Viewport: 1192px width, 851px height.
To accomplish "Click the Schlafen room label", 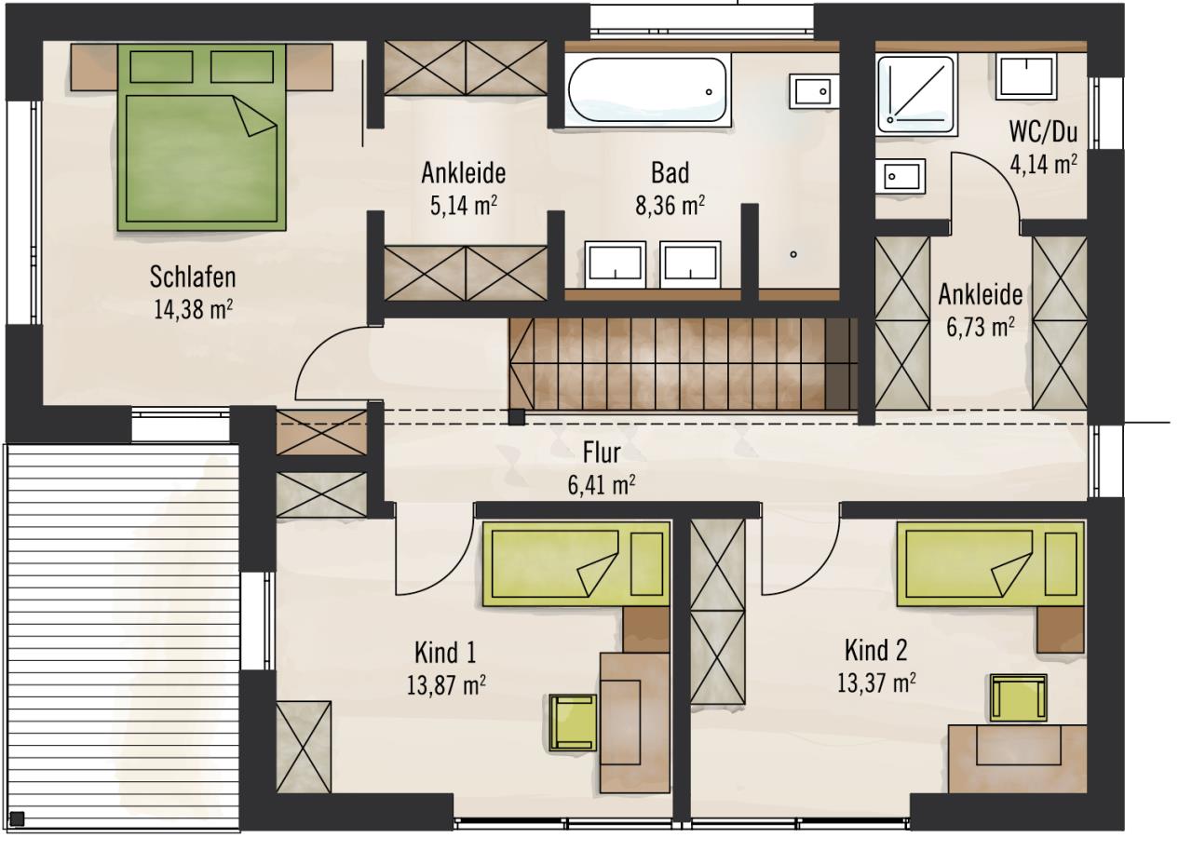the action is point(193,277).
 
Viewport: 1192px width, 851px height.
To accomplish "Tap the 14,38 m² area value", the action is point(193,309).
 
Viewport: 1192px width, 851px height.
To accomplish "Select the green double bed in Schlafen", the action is point(202,137).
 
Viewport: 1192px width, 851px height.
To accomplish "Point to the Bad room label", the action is point(670,173).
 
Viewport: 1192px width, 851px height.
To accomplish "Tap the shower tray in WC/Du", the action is point(916,94).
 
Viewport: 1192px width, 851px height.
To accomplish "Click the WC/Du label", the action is point(1043,132).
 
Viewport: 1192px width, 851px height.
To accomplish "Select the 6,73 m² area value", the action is point(981,327).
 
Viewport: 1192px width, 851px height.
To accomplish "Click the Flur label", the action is point(602,453).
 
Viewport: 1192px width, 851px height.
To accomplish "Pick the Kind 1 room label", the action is point(445,653).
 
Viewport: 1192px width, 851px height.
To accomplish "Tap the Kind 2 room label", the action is point(876,650).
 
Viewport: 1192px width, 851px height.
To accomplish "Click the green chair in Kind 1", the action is point(573,723).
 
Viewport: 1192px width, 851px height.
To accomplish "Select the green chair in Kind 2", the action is point(1019,697).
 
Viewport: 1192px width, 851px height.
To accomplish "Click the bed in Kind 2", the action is point(990,564).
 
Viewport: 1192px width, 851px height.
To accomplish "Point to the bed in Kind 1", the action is point(576,564).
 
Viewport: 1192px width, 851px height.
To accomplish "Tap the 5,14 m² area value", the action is point(464,206).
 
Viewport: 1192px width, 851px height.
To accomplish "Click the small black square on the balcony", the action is point(17,818).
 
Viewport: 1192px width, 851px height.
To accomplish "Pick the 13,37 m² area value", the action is point(876,683).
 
